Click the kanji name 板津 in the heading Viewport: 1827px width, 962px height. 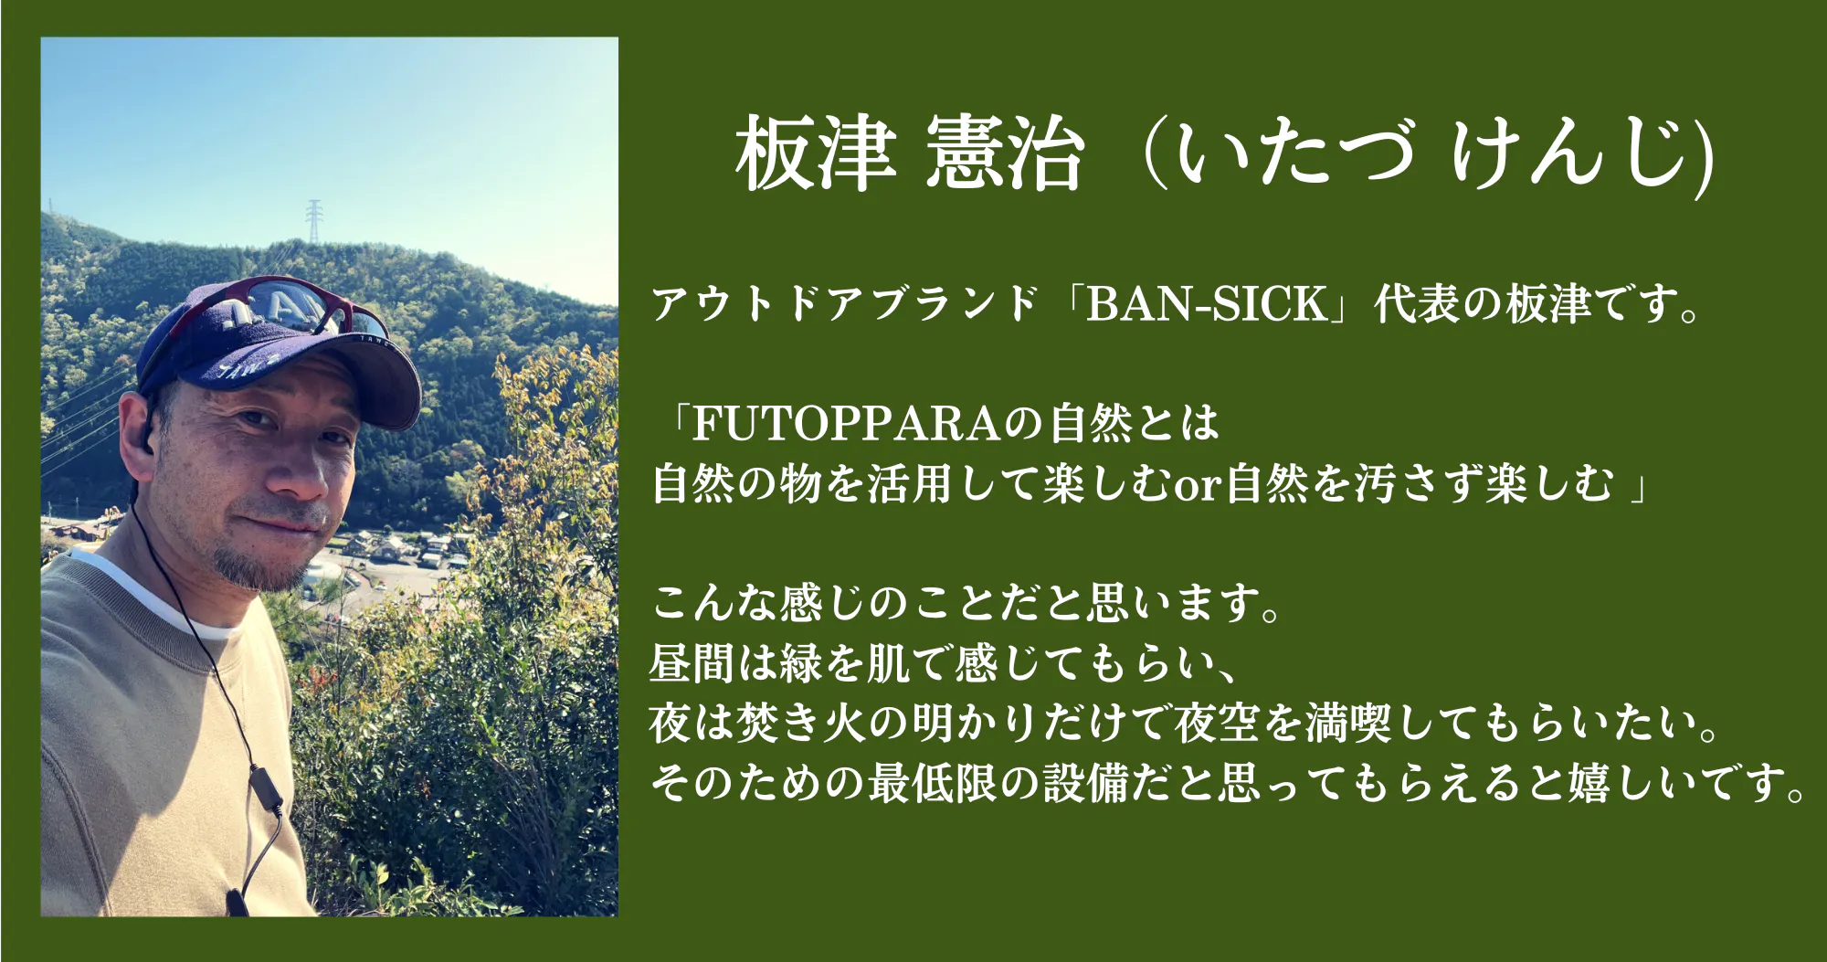[x=816, y=153]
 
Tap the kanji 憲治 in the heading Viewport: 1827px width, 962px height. [x=1005, y=153]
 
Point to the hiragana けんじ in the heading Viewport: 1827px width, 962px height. [x=1572, y=153]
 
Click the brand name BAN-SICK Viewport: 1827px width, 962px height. [x=1207, y=304]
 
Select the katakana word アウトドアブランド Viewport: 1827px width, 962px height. [x=845, y=304]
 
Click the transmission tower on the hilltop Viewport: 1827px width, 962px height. [x=314, y=221]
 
